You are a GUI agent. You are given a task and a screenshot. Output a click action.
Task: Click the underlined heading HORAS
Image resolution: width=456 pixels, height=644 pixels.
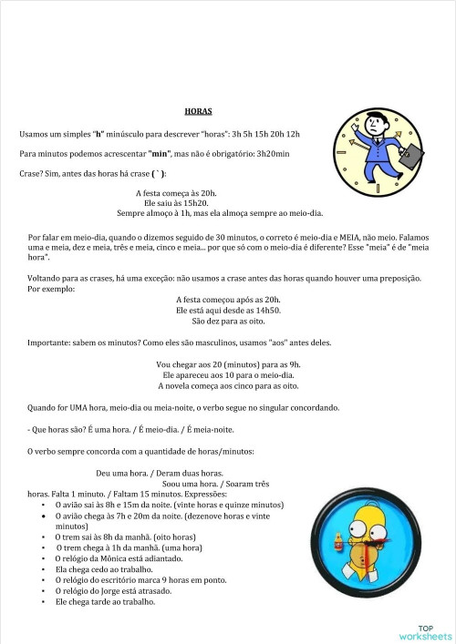(198, 111)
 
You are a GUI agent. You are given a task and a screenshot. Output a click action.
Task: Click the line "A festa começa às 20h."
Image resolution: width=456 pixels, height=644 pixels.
(176, 193)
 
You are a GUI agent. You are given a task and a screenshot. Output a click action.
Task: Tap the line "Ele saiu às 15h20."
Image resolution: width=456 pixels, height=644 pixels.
(177, 203)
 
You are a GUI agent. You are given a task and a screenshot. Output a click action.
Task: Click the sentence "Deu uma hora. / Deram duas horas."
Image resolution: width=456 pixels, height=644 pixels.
(160, 473)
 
